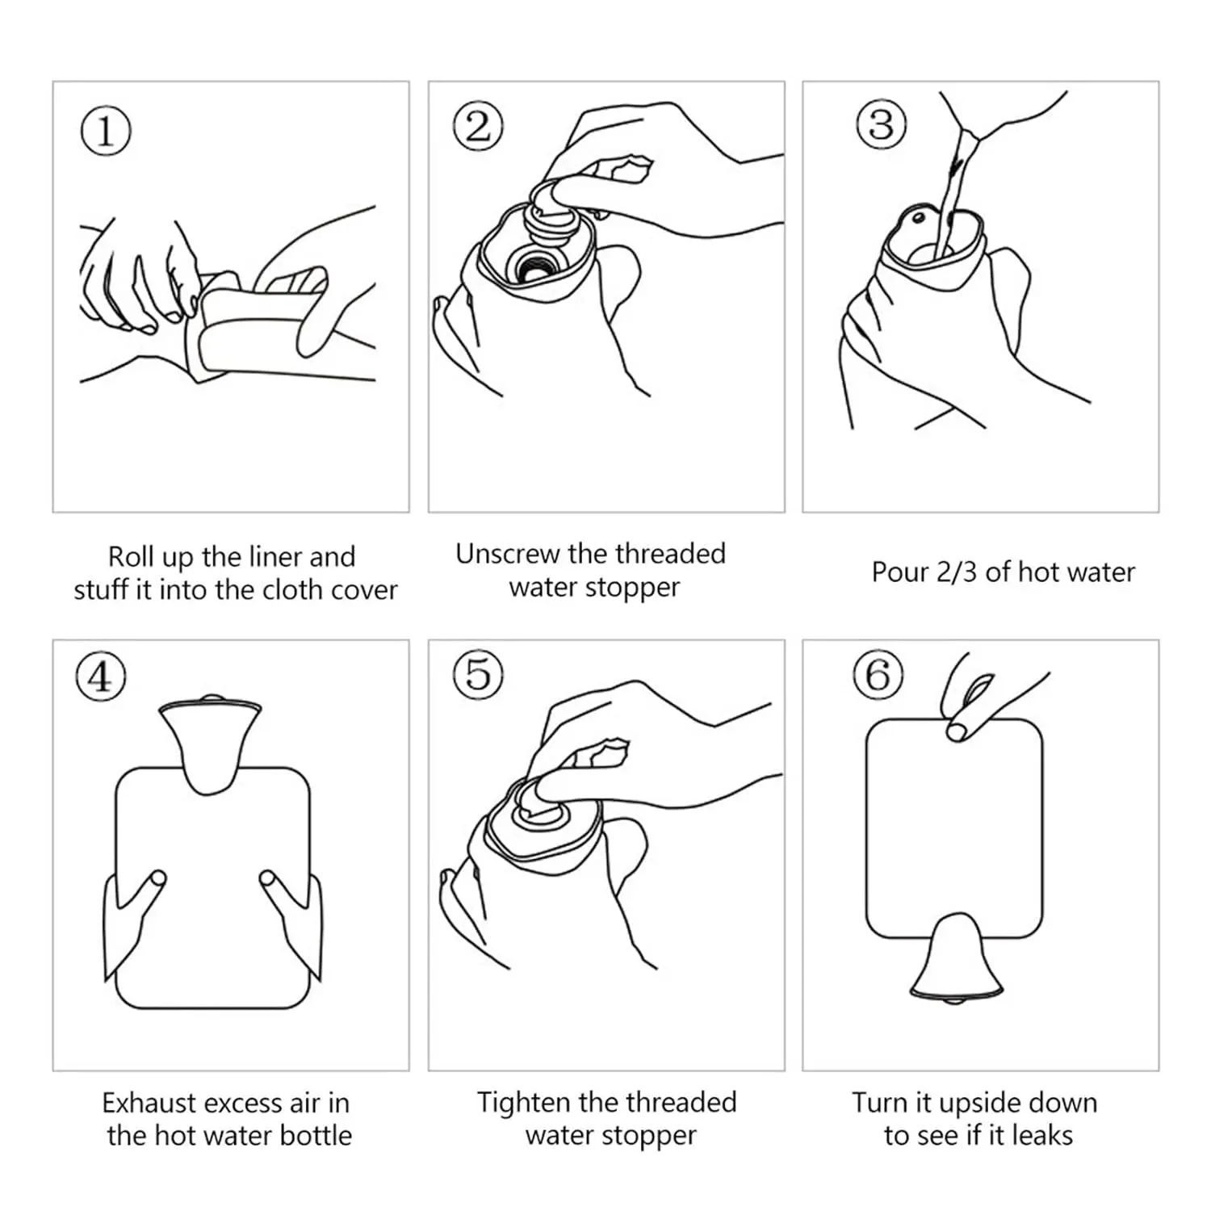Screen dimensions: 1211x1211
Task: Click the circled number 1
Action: [x=106, y=132]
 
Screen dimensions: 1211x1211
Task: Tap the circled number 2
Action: [x=478, y=127]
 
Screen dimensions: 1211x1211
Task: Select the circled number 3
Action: [x=881, y=125]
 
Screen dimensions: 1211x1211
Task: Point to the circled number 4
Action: [x=101, y=677]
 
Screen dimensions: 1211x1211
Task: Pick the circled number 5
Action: [x=478, y=674]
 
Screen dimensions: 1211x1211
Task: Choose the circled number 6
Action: [x=878, y=675]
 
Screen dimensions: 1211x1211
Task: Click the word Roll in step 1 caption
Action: [x=131, y=556]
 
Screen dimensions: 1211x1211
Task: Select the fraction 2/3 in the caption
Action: [x=956, y=572]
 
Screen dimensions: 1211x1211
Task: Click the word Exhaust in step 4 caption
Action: [x=149, y=1103]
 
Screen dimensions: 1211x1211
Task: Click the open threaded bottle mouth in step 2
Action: [x=532, y=264]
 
